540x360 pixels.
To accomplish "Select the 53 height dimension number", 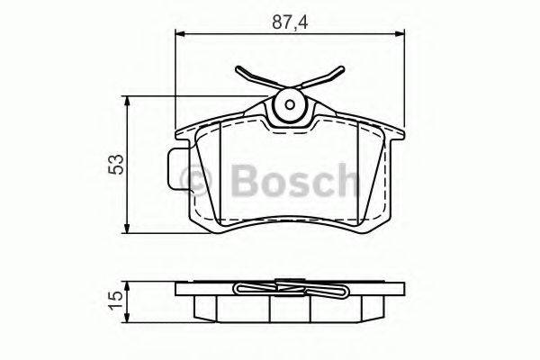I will [115, 163].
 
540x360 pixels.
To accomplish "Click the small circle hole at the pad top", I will [290, 104].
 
